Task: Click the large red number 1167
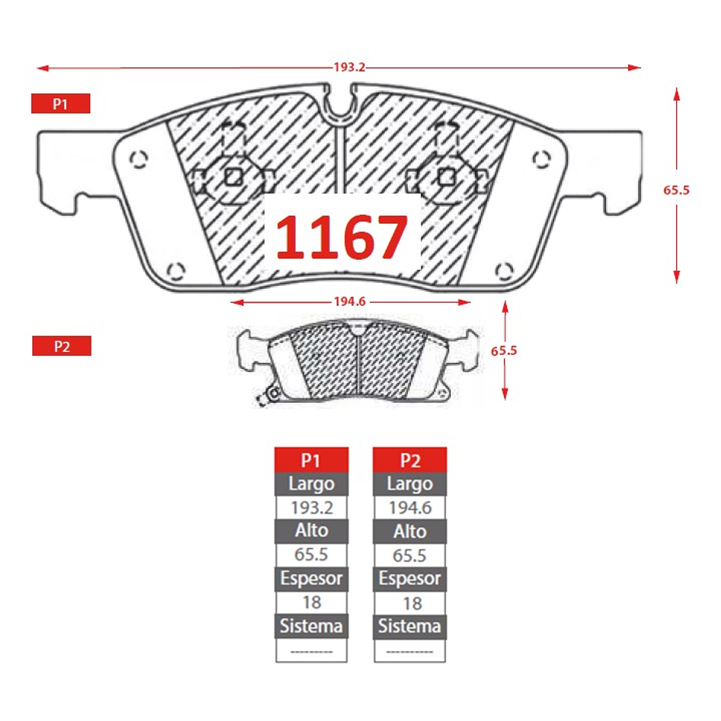point(341,237)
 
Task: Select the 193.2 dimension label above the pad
point(349,67)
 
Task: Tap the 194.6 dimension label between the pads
point(350,301)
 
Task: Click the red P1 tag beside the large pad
point(61,104)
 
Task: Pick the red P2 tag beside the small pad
point(61,345)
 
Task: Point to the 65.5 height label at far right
point(676,190)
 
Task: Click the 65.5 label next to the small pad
point(504,351)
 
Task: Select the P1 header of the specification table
point(311,460)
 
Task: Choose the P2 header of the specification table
point(410,460)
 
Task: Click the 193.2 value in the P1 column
point(312,508)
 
